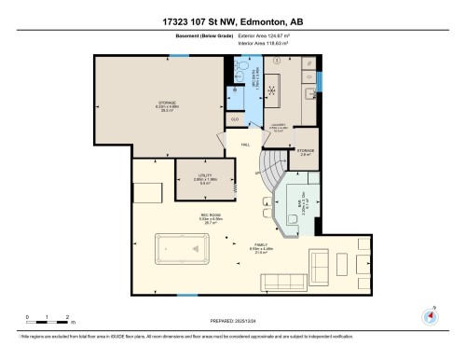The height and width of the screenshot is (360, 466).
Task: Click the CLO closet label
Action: click(234, 120)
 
